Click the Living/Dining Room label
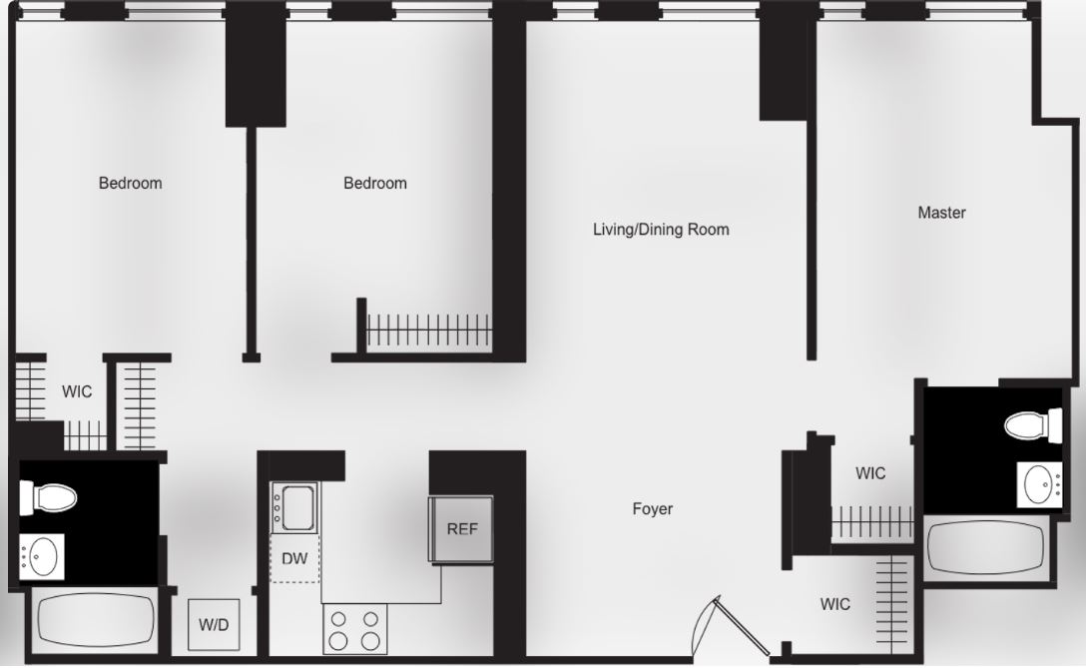click(x=661, y=230)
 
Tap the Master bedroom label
click(x=941, y=213)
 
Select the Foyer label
click(x=653, y=509)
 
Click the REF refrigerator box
click(x=462, y=529)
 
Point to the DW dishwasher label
click(x=294, y=559)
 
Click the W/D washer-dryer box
click(x=214, y=625)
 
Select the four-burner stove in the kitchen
click(x=355, y=629)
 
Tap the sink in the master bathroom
click(x=1041, y=485)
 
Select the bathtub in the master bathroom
click(x=986, y=546)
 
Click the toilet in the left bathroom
click(x=49, y=496)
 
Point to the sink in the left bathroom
click(x=43, y=556)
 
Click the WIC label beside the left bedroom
click(x=77, y=391)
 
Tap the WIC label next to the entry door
click(x=835, y=604)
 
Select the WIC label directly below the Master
click(x=870, y=473)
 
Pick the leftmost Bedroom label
click(x=130, y=184)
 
